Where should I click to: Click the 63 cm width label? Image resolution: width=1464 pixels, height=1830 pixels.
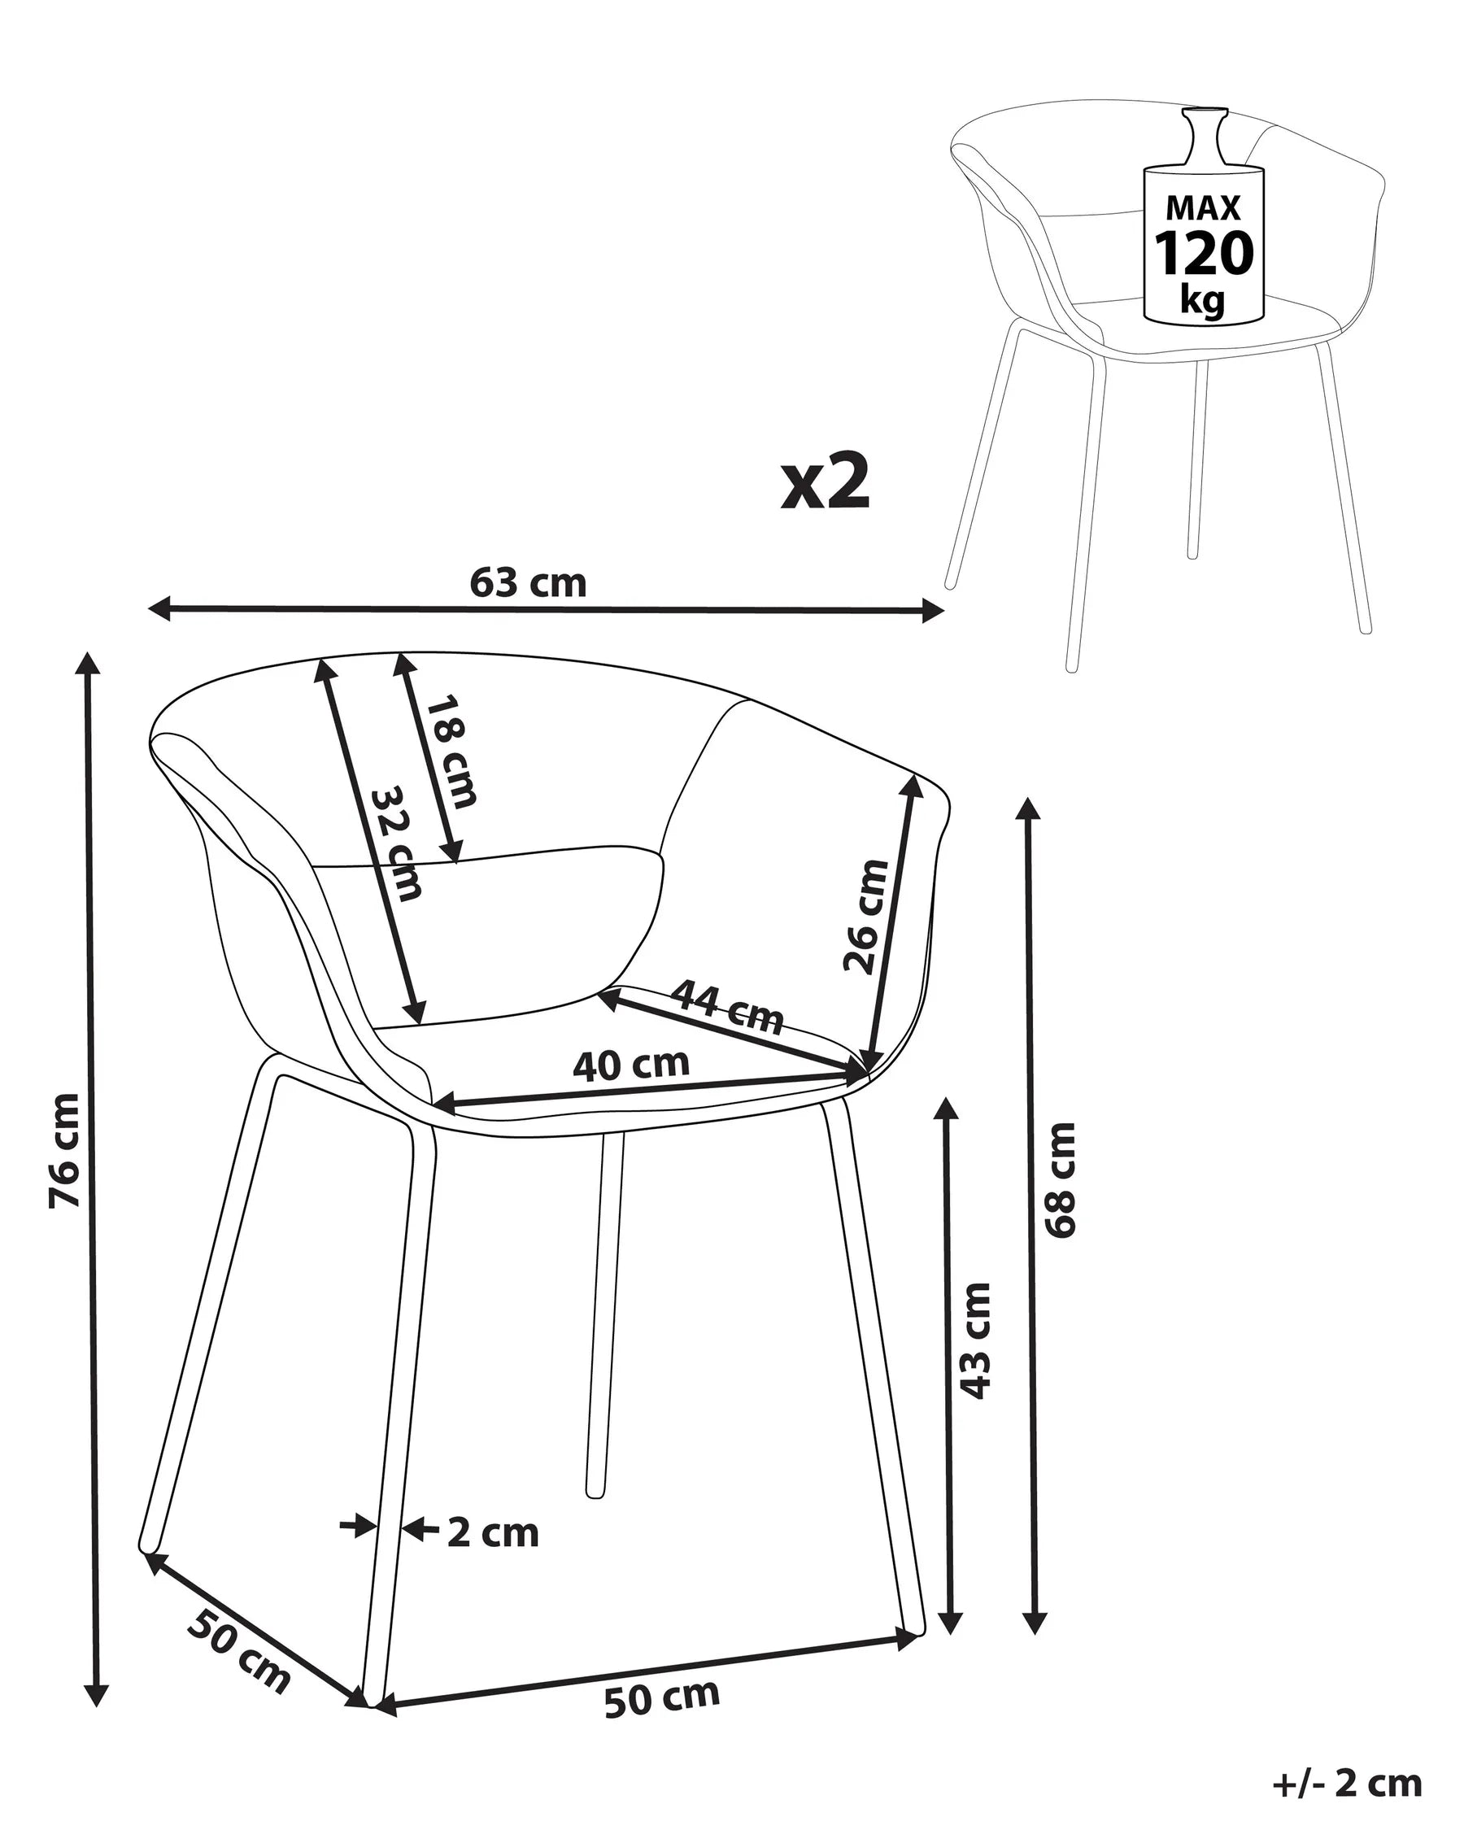coord(528,583)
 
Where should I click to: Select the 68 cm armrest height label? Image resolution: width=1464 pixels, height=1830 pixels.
coord(1061,1181)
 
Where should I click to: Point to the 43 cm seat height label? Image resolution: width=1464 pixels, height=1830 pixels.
coord(975,1341)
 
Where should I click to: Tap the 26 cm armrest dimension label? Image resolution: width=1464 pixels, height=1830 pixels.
coord(865,916)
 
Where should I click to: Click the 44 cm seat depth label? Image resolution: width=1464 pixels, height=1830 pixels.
coord(727,1007)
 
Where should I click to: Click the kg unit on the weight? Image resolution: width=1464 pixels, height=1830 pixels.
coord(1203,299)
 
